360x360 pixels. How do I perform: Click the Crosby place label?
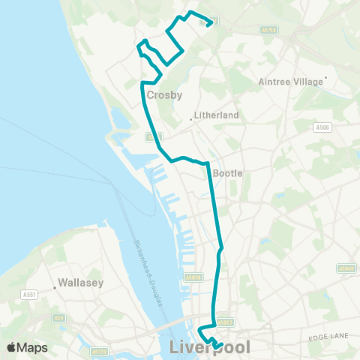pyautogui.click(x=164, y=95)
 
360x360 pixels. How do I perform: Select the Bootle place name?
pyautogui.click(x=228, y=172)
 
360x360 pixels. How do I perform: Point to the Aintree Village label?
pyautogui.click(x=289, y=81)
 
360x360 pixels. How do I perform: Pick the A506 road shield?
pyautogui.click(x=322, y=128)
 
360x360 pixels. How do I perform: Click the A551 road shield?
pyautogui.click(x=29, y=294)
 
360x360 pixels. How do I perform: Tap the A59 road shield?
pyautogui.click(x=58, y=319)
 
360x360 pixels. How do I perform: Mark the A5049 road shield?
pyautogui.click(x=346, y=268)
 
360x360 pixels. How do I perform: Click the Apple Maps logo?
pyautogui.click(x=27, y=347)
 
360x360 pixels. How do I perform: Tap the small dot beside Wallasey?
pyautogui.click(x=56, y=285)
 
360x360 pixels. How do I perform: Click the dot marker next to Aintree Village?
pyautogui.click(x=326, y=78)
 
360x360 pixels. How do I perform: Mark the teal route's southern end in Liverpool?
pyautogui.click(x=221, y=344)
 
